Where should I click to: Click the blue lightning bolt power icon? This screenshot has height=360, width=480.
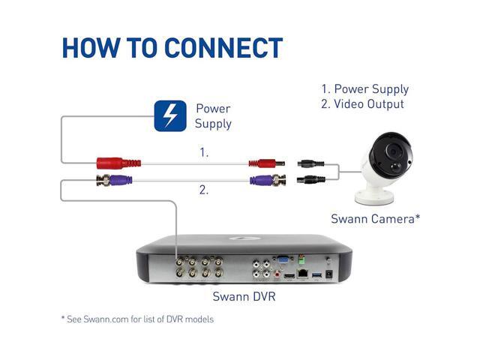tap(170, 116)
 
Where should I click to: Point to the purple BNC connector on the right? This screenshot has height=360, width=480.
tap(268, 180)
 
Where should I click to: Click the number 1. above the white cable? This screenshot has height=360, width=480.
tap(203, 151)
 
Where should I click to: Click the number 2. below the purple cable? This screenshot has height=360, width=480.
tap(203, 190)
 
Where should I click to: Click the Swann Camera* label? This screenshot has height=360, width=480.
tap(375, 218)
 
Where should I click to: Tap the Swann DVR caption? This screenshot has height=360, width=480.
tap(244, 296)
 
